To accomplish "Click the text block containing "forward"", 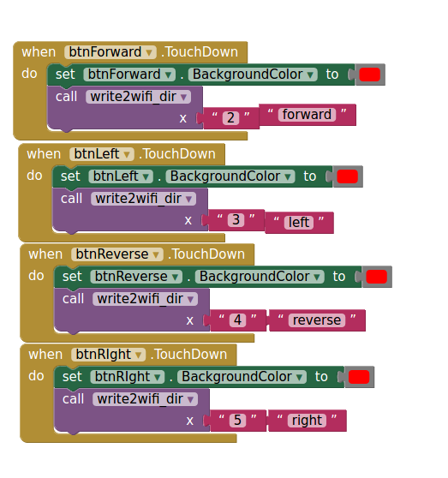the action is [308, 115].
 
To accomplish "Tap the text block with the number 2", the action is [230, 118].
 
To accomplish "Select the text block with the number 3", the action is [236, 220].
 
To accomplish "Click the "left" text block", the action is [299, 223].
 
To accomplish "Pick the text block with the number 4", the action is [237, 320].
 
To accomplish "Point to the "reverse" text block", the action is [317, 320].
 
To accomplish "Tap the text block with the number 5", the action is [237, 421].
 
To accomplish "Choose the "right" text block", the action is [307, 421].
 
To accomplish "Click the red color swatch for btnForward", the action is [370, 75].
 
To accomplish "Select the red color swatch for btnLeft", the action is [348, 176].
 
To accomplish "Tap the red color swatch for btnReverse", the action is [376, 277].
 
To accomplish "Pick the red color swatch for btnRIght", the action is [359, 377].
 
